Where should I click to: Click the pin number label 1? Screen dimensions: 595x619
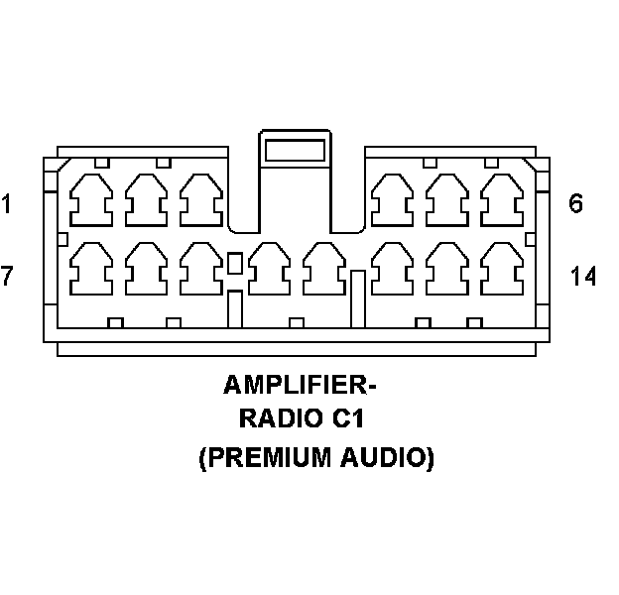[7, 205]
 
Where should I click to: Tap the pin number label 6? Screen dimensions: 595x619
[576, 204]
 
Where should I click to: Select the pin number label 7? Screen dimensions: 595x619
[7, 276]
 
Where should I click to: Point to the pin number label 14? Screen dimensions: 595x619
[583, 276]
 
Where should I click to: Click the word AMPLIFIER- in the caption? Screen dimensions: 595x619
[302, 384]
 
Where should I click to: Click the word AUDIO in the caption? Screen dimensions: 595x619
[391, 459]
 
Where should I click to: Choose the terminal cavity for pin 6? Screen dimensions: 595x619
[500, 200]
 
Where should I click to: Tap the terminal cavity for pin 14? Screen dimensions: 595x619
[500, 268]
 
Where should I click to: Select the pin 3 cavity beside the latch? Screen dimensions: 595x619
[200, 200]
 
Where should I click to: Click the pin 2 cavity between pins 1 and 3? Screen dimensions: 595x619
[147, 200]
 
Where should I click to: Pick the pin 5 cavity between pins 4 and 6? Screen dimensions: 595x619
[446, 200]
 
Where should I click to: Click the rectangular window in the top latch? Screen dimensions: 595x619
[294, 152]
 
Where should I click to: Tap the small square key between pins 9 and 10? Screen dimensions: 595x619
[235, 263]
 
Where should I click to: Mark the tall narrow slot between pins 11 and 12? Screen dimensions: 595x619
[358, 297]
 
